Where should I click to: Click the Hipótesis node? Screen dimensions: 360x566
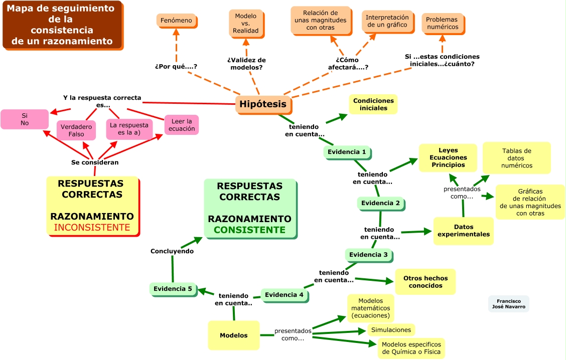coord(263,104)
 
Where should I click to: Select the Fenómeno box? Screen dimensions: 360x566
coord(177,21)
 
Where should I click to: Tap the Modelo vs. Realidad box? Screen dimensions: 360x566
coord(246,23)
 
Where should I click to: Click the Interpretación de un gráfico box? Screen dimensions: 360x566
coord(387,21)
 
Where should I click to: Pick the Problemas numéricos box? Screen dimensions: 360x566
coord(442,23)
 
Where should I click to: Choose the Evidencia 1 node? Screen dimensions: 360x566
coord(347,152)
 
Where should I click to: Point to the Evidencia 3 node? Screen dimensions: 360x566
coord(368,255)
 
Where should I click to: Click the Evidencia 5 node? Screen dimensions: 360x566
coord(173,288)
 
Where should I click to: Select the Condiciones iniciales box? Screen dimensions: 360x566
coord(373,104)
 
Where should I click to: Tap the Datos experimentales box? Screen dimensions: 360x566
coord(463,231)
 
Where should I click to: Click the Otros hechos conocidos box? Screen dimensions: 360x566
coord(426,282)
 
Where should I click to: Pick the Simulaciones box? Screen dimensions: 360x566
coord(391,329)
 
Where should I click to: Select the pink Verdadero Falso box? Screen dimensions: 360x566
coord(76,130)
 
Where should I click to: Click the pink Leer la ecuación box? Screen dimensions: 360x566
coord(182,125)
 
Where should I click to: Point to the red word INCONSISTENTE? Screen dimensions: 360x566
coord(92,228)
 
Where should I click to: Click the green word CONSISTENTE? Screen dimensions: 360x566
coord(249,230)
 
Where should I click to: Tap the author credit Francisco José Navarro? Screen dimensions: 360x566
coord(508,303)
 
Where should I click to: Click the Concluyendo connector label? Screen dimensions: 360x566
coord(172,251)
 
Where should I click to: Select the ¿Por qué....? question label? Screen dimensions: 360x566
coord(176,66)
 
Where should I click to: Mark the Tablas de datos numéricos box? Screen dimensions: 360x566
coord(516,158)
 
